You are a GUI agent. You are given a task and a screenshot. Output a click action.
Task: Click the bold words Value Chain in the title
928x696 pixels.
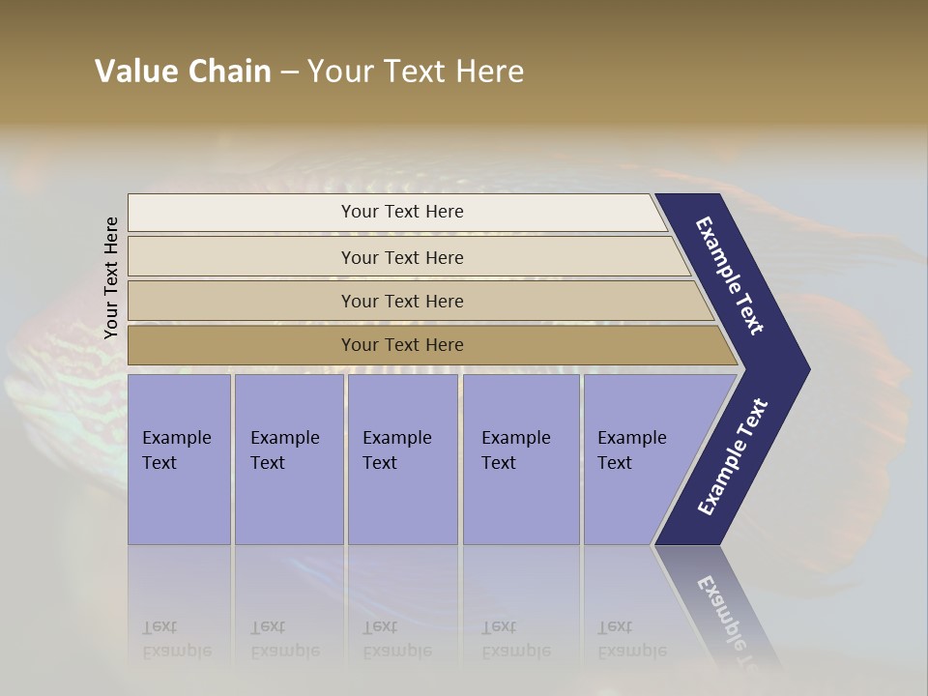[183, 72]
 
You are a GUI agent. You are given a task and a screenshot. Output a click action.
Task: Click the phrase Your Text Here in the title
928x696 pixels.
[416, 72]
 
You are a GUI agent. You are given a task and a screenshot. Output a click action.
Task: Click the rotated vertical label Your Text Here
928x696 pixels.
[111, 278]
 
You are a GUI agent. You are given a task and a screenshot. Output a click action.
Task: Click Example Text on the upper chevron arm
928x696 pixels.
[730, 275]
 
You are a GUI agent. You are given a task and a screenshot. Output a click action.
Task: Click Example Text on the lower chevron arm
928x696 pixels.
[733, 457]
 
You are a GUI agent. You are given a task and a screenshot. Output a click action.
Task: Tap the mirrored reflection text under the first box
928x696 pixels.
[176, 639]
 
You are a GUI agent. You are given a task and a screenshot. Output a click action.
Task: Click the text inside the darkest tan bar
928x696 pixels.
[402, 345]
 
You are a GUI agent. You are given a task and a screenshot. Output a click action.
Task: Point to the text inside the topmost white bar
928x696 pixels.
[402, 212]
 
